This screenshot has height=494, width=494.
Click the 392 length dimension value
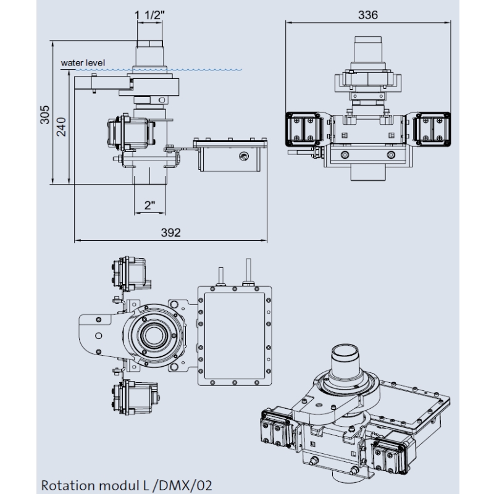pyautogui.click(x=170, y=232)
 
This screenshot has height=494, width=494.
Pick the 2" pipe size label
pyautogui.click(x=149, y=206)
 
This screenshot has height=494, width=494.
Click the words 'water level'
pyautogui.click(x=83, y=62)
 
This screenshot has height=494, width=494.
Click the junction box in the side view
pyautogui.click(x=232, y=157)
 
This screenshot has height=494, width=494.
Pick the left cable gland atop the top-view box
pyautogui.click(x=219, y=275)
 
